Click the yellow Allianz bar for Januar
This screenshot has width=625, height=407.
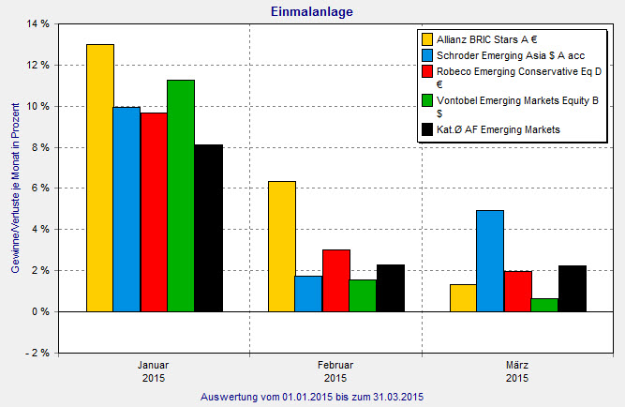click(99, 177)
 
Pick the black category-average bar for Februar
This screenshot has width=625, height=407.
click(390, 288)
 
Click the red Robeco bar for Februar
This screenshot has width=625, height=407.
click(335, 280)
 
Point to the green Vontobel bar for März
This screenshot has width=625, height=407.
click(543, 305)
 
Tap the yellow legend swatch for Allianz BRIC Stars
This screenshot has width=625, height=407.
click(427, 39)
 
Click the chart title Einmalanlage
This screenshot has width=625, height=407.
click(312, 10)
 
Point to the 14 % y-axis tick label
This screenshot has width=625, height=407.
click(37, 23)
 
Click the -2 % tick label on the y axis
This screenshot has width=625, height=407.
click(37, 353)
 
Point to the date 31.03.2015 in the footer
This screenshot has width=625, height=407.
click(396, 398)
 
